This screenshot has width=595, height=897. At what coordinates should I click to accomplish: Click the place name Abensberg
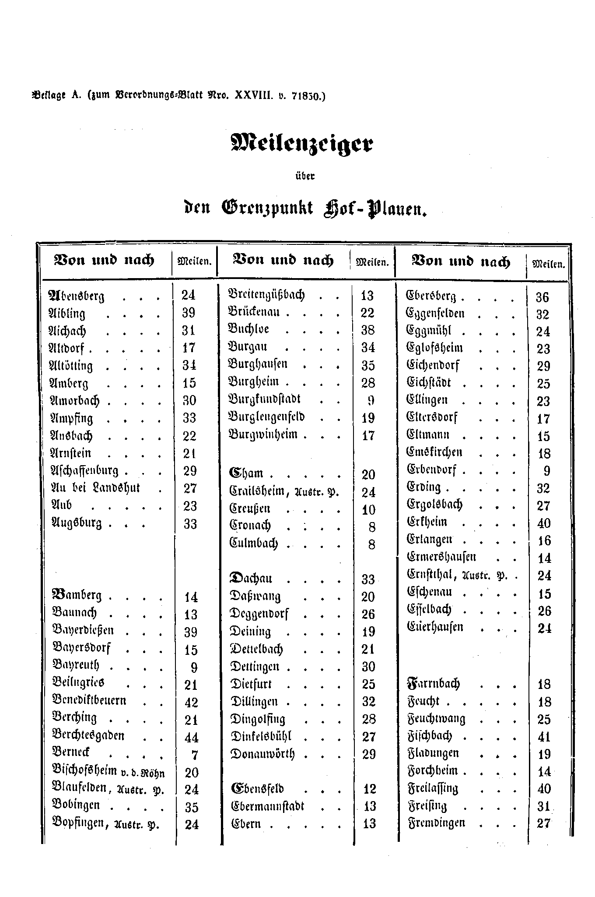77,296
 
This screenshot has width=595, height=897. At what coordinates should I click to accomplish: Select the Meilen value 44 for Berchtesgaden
192,738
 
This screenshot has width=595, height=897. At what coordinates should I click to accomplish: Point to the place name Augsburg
77,523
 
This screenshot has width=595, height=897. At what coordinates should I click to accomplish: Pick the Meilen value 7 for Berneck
195,755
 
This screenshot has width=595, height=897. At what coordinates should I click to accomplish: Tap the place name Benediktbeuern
89,701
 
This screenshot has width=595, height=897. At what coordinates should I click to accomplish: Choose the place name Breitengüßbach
266,294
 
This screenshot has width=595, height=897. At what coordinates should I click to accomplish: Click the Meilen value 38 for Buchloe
368,330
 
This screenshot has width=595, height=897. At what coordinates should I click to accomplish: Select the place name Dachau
251,579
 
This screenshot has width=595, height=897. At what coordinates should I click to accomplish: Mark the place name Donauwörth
262,754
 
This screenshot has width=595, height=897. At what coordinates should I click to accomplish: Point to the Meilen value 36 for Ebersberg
542,297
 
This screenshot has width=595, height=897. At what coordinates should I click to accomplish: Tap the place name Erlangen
429,540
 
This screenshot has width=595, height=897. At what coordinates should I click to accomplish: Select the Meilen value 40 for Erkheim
544,523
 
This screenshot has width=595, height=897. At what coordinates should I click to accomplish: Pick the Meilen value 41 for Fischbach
544,737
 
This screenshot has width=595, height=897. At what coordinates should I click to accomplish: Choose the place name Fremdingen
436,823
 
